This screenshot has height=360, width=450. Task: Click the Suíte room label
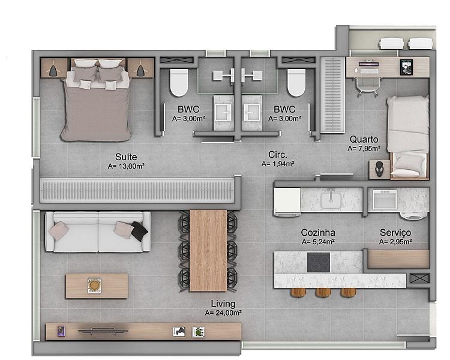pos(126,157)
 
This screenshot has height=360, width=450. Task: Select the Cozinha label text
pos(318,232)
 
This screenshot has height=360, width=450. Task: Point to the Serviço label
pos(395,233)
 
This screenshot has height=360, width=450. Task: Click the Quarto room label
pos(364,140)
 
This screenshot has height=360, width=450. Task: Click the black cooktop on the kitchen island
pos(319,262)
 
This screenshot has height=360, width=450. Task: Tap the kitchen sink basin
pos(331,200)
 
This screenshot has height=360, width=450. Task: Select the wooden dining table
pos(208,251)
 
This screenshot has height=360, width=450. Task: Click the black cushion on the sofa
pos(139,231)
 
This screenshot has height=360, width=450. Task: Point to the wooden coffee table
pos(97,286)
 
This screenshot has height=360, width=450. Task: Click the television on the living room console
pos(103,331)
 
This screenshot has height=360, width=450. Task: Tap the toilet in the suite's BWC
pos(179,82)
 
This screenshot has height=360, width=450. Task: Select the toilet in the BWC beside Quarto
pos(296,82)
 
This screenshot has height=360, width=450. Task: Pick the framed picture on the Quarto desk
pos(406,67)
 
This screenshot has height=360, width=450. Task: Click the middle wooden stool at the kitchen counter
pos(323,293)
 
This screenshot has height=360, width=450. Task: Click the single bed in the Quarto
pos(408,137)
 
